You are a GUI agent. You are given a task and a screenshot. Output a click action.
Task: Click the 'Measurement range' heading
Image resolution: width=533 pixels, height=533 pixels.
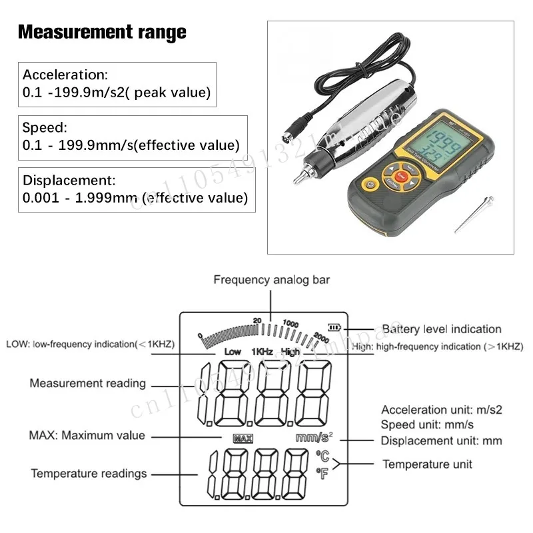101,32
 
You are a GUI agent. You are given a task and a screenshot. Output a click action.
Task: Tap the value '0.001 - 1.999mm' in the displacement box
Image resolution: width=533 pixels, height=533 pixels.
79,198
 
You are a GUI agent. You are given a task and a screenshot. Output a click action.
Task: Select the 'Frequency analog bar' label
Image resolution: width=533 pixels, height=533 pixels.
271,280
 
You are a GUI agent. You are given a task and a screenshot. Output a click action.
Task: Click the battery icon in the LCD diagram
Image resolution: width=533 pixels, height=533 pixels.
333,328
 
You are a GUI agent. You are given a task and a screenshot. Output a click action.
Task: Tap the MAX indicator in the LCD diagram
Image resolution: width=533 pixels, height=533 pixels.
242,438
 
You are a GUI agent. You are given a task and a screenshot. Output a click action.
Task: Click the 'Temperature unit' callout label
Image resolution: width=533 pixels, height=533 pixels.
427,464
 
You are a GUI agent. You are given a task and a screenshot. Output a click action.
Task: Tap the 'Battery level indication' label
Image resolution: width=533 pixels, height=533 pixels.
442,329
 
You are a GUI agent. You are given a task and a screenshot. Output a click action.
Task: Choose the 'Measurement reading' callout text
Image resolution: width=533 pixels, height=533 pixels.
87,383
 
